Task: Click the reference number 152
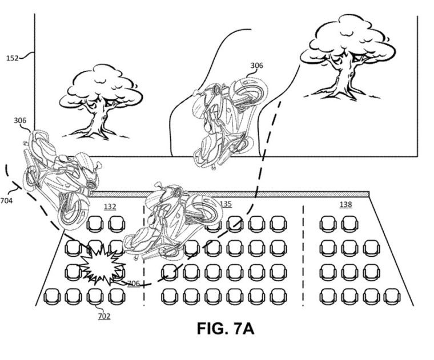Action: [12, 58]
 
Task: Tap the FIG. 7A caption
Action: [226, 329]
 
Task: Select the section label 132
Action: [110, 207]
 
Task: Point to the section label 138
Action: [345, 204]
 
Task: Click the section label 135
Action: [226, 204]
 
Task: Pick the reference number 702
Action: [104, 316]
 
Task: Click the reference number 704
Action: [6, 200]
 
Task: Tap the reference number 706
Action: [134, 284]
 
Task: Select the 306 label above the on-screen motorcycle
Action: [256, 66]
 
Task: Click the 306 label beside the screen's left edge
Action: [20, 120]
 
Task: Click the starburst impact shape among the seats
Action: [102, 265]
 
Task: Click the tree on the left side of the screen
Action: [101, 102]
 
